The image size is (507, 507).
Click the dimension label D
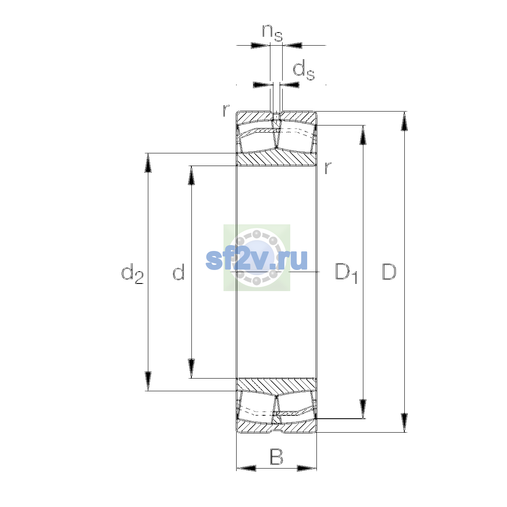click(x=389, y=272)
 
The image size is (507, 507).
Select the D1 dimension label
click(x=346, y=273)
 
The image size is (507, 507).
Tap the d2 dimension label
click(x=132, y=273)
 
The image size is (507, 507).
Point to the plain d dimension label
click(x=179, y=272)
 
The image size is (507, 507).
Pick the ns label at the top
click(x=273, y=33)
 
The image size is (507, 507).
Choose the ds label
click(x=304, y=70)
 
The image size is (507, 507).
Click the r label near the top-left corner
click(x=226, y=111)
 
